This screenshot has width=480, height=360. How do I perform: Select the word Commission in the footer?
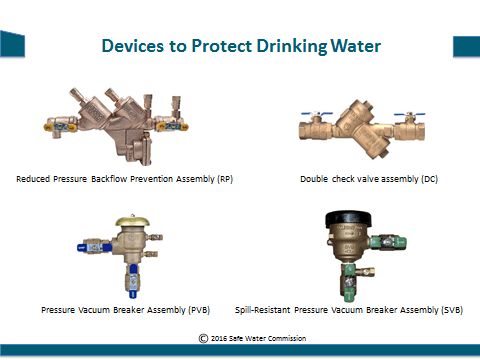point(284,338)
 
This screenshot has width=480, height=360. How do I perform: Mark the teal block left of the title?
point(13,45)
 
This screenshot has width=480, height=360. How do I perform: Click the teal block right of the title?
point(466,45)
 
